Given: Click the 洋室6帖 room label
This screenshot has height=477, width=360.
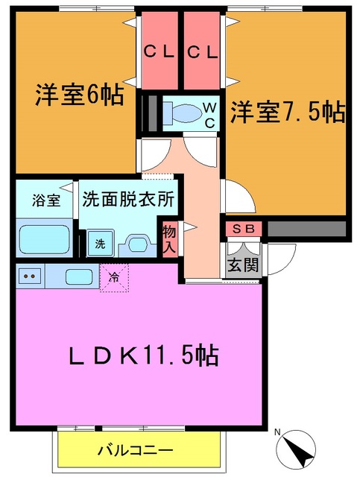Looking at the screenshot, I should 79,96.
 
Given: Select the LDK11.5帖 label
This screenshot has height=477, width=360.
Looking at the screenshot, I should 143,356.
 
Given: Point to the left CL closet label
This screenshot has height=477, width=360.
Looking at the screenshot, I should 160,53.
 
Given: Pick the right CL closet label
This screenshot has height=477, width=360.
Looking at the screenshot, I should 203,53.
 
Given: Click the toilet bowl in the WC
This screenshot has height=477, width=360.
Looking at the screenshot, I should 183,113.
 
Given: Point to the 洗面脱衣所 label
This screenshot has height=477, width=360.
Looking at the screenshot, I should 127,199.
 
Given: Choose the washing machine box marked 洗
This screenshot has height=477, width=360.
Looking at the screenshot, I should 99,242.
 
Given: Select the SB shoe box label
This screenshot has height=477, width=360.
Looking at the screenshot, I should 242,228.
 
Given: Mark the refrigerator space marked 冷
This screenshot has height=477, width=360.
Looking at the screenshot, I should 114,278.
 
